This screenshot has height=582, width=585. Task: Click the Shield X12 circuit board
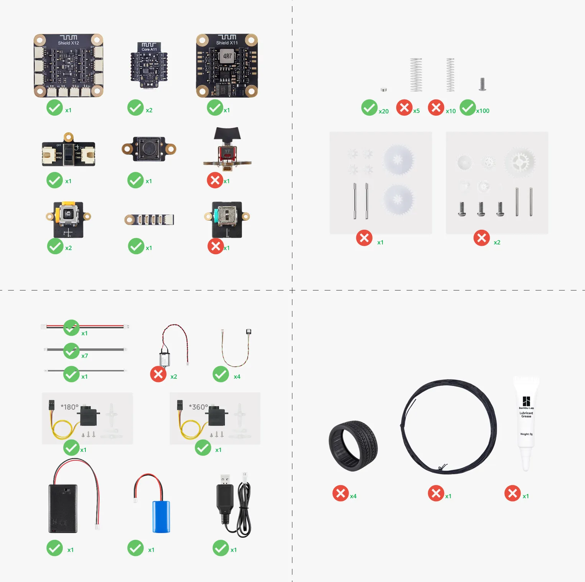68,65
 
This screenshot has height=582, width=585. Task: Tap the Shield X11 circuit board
227,65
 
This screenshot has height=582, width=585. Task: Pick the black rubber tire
353,446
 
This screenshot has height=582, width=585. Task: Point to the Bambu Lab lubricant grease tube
526,421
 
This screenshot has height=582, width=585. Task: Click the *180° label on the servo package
69,407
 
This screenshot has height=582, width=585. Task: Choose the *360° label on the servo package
198,407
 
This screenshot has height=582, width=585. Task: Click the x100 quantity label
483,111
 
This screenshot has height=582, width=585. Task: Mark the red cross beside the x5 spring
404,108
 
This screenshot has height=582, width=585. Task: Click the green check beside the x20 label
369,108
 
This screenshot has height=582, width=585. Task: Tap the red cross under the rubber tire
340,493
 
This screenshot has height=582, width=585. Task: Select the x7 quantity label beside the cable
85,356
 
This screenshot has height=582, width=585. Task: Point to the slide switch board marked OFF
68,153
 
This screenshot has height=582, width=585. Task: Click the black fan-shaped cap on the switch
227,134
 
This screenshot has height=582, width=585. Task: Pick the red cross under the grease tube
513,493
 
